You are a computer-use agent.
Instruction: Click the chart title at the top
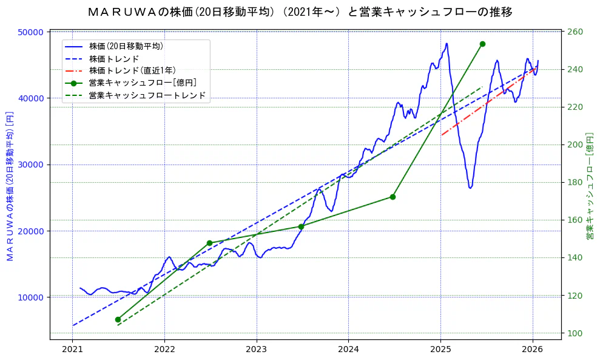[x=300, y=12]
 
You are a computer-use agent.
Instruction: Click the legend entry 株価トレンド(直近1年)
[x=140, y=70]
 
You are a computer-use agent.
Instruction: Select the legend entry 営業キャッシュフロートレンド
[x=147, y=95]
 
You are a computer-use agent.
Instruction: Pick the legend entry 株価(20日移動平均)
[x=126, y=46]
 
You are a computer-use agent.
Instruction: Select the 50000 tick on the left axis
[x=32, y=32]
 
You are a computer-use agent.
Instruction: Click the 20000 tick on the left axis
[x=32, y=231]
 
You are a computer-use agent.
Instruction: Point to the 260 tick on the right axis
[x=575, y=32]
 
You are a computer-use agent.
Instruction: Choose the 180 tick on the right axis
[x=575, y=183]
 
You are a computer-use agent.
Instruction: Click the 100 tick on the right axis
[x=575, y=333]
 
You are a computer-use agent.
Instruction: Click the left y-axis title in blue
[x=10, y=186]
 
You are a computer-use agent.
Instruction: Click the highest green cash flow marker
[x=482, y=44]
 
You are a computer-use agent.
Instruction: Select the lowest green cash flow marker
[x=118, y=319]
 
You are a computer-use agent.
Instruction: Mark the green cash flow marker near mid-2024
[x=393, y=197]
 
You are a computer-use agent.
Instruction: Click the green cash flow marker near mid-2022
[x=209, y=243]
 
